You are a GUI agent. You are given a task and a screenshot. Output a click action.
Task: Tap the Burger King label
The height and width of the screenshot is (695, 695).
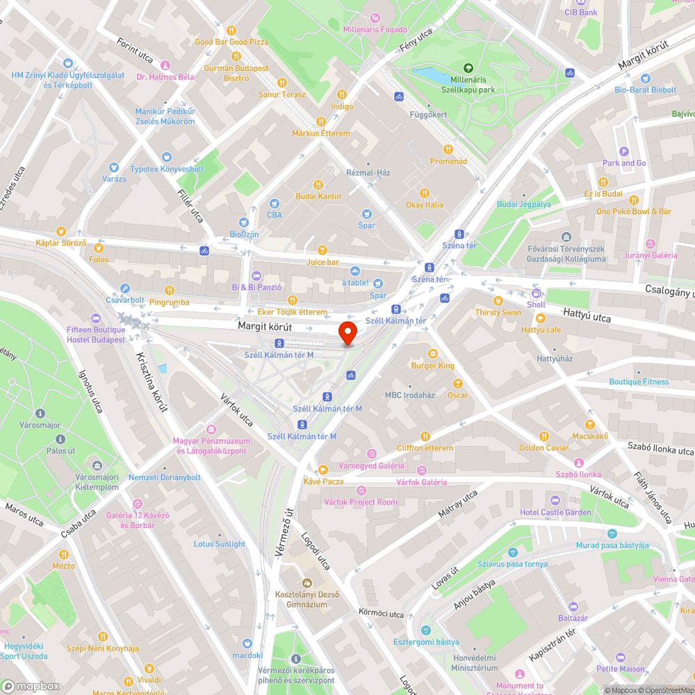433,366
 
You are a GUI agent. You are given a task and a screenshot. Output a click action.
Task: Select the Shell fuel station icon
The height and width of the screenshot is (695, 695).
536,293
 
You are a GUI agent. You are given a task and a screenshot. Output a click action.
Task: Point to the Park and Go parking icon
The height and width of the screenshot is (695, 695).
623,152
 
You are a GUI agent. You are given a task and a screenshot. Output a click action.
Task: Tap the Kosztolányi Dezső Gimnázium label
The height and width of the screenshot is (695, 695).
301,600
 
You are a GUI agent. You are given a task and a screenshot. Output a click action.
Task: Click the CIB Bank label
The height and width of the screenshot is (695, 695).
581,13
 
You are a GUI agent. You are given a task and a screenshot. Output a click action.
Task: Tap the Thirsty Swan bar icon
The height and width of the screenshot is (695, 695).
498,301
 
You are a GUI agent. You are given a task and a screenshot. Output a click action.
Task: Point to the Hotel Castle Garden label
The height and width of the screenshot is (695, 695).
555,512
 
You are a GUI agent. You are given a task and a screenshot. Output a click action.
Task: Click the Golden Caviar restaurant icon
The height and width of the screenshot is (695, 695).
543,436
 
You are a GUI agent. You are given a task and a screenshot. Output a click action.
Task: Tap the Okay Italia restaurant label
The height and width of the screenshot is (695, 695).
425,205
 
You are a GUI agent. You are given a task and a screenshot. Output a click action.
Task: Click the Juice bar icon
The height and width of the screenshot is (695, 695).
322,250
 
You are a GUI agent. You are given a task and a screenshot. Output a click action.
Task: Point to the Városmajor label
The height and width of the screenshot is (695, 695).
40,425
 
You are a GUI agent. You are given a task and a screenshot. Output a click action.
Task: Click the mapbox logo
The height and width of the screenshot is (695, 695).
31,686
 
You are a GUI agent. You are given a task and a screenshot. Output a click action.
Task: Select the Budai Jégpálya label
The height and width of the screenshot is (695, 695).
524,204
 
